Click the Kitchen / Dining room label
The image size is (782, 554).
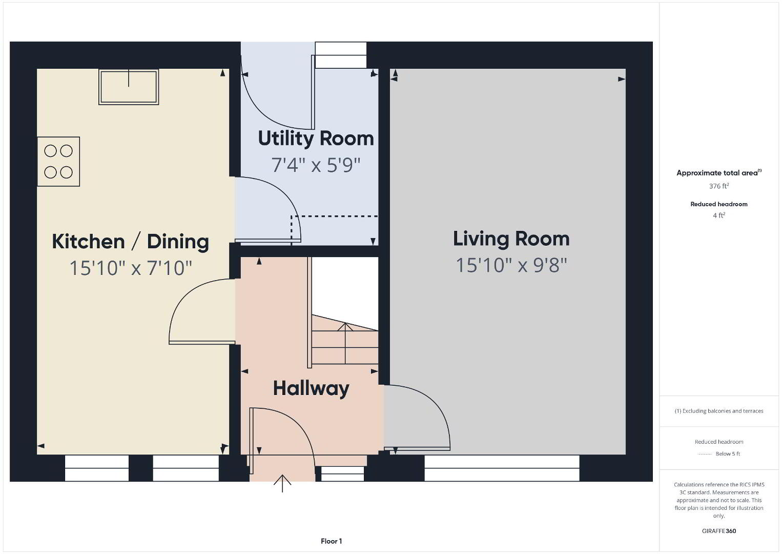[131, 242]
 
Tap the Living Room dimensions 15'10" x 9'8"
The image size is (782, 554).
[511, 265]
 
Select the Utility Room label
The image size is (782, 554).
[316, 138]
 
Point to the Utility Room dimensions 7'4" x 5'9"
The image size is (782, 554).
[316, 165]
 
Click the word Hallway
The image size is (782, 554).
[311, 388]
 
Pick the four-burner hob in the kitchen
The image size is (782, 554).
[58, 162]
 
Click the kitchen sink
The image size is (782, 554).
[129, 87]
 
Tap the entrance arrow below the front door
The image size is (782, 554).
[282, 483]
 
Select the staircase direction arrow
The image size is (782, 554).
[345, 343]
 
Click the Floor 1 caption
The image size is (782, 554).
[332, 541]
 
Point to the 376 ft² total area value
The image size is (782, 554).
[719, 186]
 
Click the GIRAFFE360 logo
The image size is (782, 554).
[719, 531]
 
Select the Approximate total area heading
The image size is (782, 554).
[719, 173]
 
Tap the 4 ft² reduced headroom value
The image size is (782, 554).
[719, 215]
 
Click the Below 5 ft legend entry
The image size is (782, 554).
[719, 453]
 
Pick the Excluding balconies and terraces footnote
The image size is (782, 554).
[719, 411]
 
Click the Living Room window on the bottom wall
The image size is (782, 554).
[502, 468]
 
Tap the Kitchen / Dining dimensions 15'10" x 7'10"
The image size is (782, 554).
[131, 268]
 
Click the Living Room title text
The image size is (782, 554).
[511, 239]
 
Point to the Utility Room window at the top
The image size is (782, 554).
[341, 55]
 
